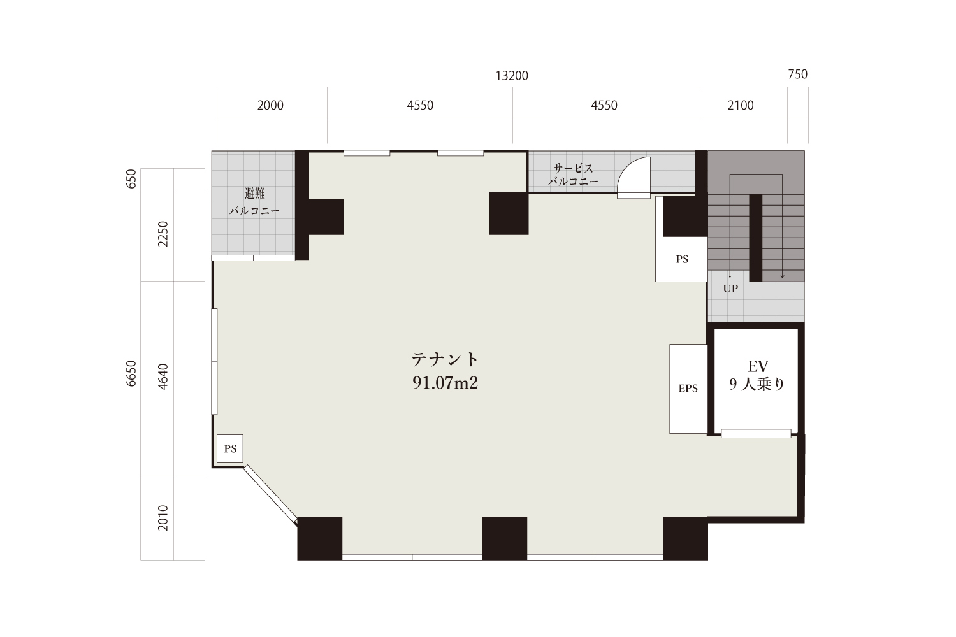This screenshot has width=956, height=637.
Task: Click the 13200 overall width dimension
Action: (x=512, y=76)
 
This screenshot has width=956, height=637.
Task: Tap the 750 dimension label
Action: (x=798, y=75)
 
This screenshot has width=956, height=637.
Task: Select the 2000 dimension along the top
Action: (x=270, y=105)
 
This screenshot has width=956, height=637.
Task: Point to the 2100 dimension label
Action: (x=741, y=105)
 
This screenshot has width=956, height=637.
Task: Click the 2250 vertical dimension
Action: (x=163, y=234)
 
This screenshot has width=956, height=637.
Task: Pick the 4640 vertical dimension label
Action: (x=163, y=376)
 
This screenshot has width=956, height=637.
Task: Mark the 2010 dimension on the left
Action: (x=163, y=517)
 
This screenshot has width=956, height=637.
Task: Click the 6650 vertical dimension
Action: (x=131, y=374)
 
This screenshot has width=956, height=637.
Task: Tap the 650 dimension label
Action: (x=131, y=179)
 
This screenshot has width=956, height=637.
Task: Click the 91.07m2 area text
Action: (x=445, y=383)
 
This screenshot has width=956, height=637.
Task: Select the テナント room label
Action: (x=445, y=360)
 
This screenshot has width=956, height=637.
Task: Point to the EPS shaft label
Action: (x=688, y=389)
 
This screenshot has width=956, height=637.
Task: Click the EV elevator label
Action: (x=758, y=366)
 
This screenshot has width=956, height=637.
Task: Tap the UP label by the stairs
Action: (x=730, y=289)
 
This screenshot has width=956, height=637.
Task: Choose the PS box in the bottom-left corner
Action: (x=230, y=449)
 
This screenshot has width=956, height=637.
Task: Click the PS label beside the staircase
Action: (x=682, y=259)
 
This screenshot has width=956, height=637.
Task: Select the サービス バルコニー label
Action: (x=573, y=175)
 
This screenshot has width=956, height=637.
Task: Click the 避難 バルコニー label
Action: (x=254, y=202)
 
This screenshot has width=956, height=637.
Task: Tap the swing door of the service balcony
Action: (x=634, y=178)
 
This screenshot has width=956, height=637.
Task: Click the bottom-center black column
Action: (x=505, y=538)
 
